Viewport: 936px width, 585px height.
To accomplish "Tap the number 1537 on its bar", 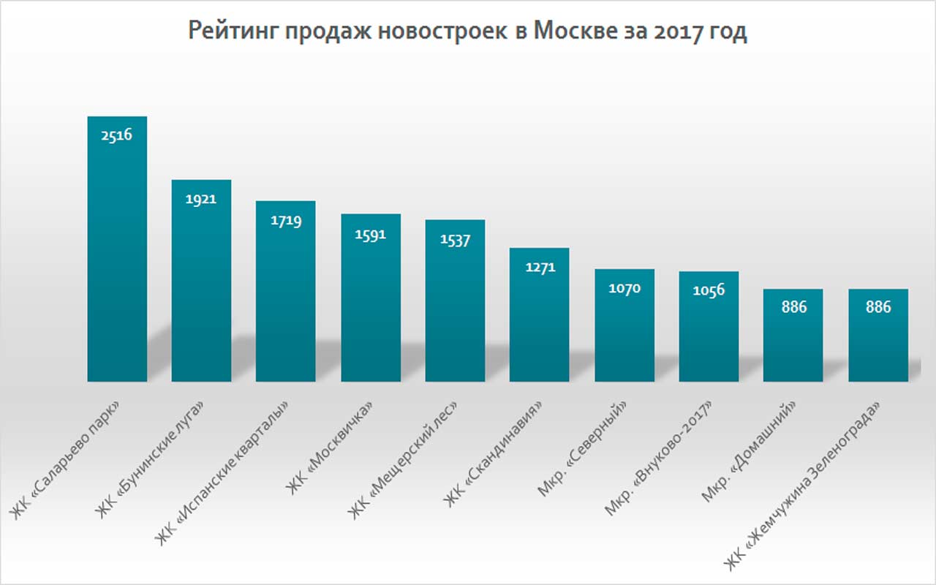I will (455, 239).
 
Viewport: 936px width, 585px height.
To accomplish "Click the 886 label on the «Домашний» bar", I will (793, 307).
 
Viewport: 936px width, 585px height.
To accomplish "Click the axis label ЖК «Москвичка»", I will (333, 446).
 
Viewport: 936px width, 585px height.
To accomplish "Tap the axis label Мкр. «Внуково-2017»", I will (658, 458).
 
